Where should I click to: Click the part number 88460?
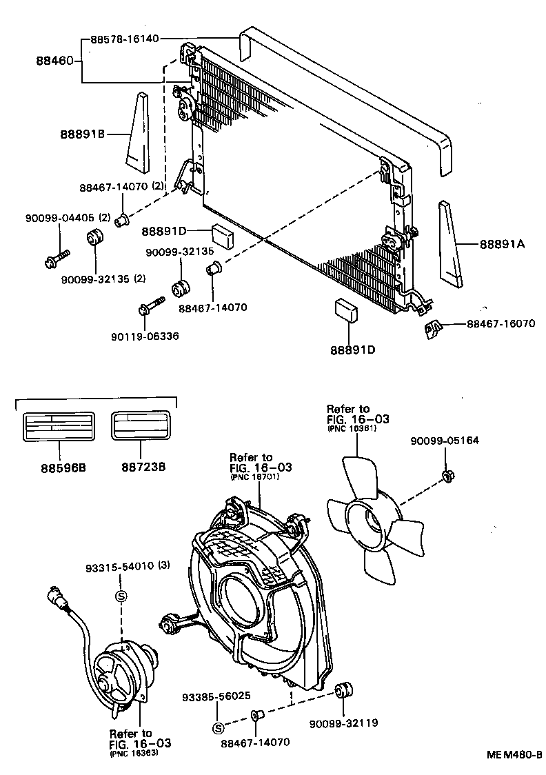coord(55,61)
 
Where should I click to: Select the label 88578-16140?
coord(128,40)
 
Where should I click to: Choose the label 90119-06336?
coord(144,336)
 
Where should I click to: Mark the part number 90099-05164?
coord(444,441)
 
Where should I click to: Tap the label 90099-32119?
coord(343,723)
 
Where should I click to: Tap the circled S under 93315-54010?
coord(120,596)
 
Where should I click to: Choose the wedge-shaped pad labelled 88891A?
coord(450,243)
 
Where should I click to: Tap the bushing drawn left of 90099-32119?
coord(343,690)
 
